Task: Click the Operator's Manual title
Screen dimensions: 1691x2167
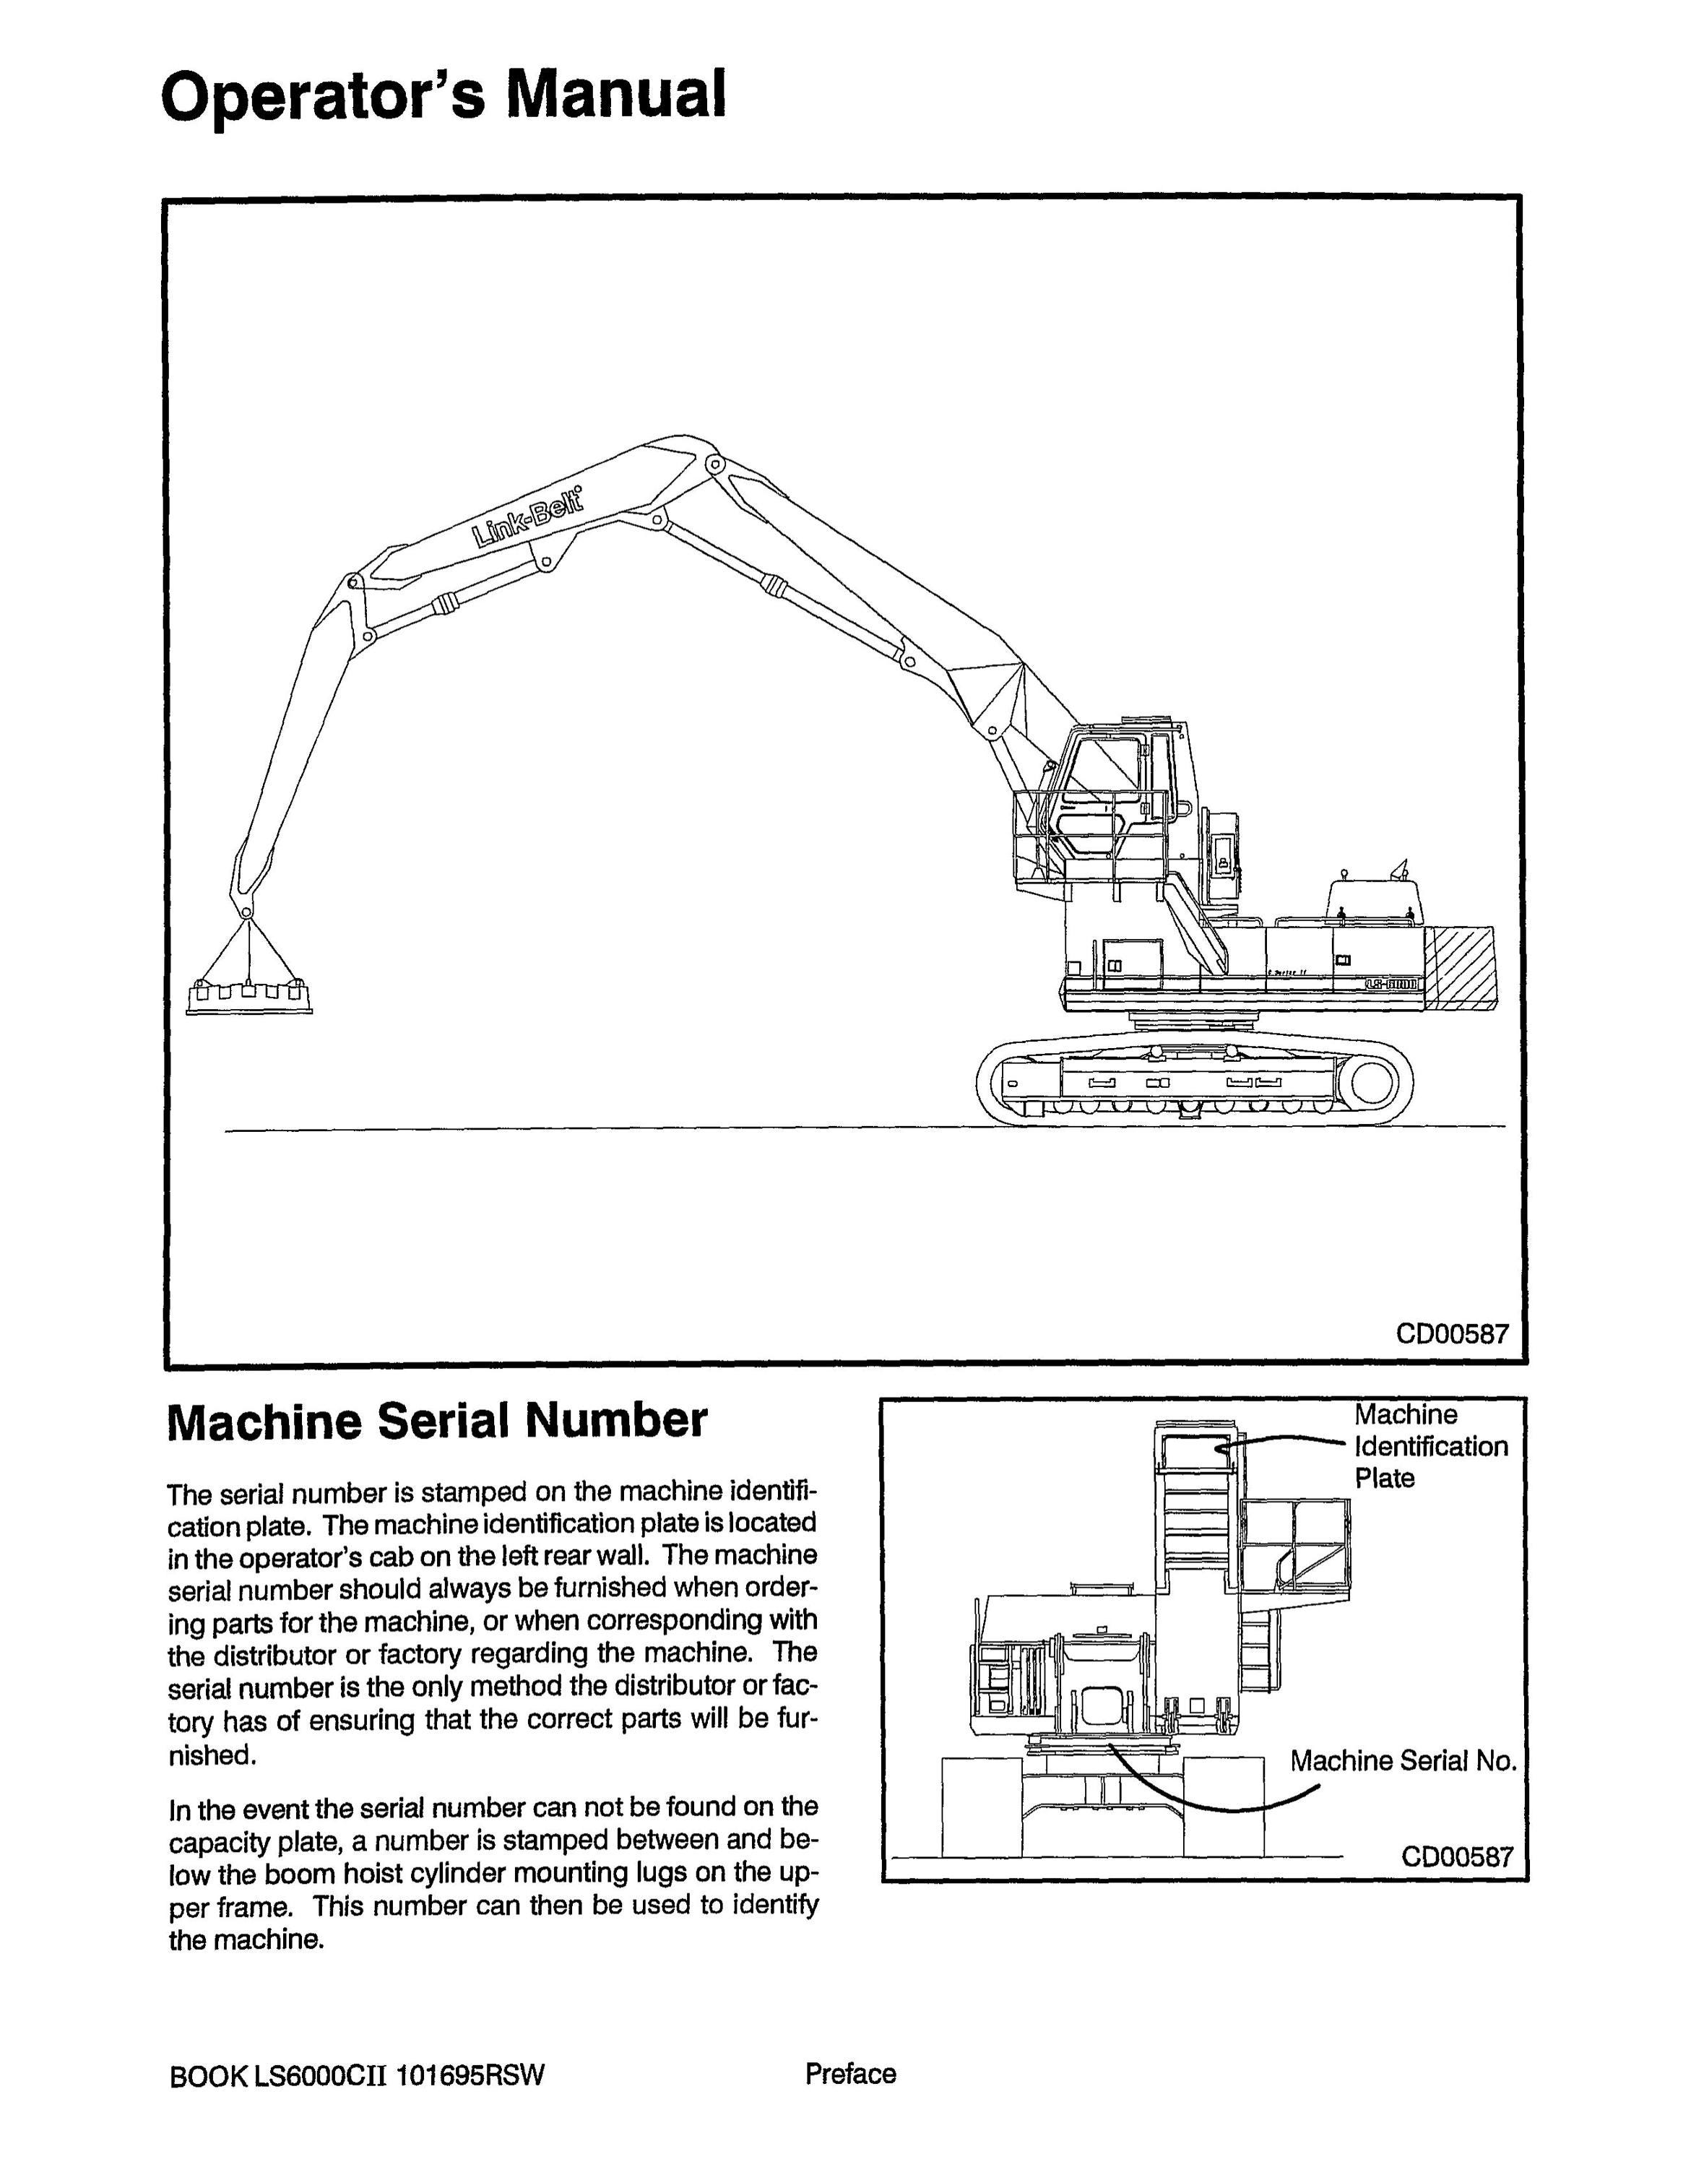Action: (444, 96)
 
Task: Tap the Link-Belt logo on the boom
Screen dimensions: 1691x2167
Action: (529, 517)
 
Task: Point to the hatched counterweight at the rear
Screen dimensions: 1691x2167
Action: (1459, 967)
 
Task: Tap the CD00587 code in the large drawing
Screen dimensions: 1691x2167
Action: (1452, 1333)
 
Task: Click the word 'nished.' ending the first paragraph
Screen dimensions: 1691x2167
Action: (212, 1755)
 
